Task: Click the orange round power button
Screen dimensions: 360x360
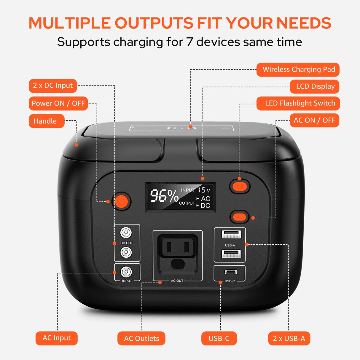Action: coord(121,201)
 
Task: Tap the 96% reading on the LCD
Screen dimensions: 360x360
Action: coord(164,196)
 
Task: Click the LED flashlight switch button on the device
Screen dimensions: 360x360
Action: coord(240,187)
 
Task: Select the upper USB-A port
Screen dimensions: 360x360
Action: coord(231,235)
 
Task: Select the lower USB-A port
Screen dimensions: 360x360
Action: coord(231,254)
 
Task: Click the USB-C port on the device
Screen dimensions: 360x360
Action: coord(231,272)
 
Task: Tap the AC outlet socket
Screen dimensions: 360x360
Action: coord(178,254)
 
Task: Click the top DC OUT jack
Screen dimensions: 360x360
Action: coord(126,232)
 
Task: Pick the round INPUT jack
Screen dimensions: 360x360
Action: coord(126,272)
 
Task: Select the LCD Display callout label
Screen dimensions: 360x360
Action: coord(315,87)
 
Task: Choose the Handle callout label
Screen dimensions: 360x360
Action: coord(46,121)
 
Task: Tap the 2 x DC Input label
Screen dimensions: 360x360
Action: coord(53,86)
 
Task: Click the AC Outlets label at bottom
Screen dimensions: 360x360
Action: coord(141,338)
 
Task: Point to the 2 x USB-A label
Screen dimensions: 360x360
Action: coord(289,338)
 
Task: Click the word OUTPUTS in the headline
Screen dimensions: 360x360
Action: coord(154,23)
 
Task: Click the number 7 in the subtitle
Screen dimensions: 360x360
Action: coord(189,42)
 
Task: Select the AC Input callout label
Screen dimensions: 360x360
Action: coord(56,338)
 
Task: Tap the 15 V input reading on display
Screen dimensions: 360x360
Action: coord(204,190)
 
